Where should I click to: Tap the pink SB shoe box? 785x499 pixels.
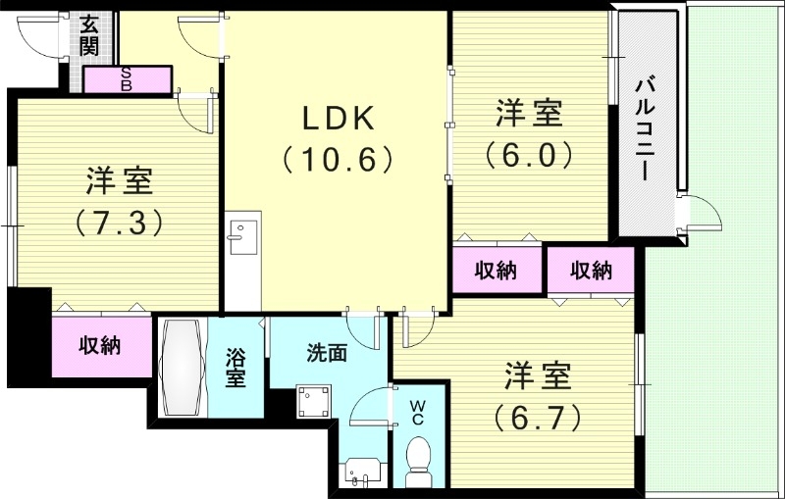[128, 78]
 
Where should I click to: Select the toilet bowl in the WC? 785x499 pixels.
[419, 459]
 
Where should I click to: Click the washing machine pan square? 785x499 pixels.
[314, 403]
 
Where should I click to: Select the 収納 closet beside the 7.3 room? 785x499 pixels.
[100, 345]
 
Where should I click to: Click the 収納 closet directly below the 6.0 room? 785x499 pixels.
[497, 271]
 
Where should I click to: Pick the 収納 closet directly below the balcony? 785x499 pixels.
[591, 271]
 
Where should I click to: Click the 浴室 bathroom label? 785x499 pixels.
[236, 367]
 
